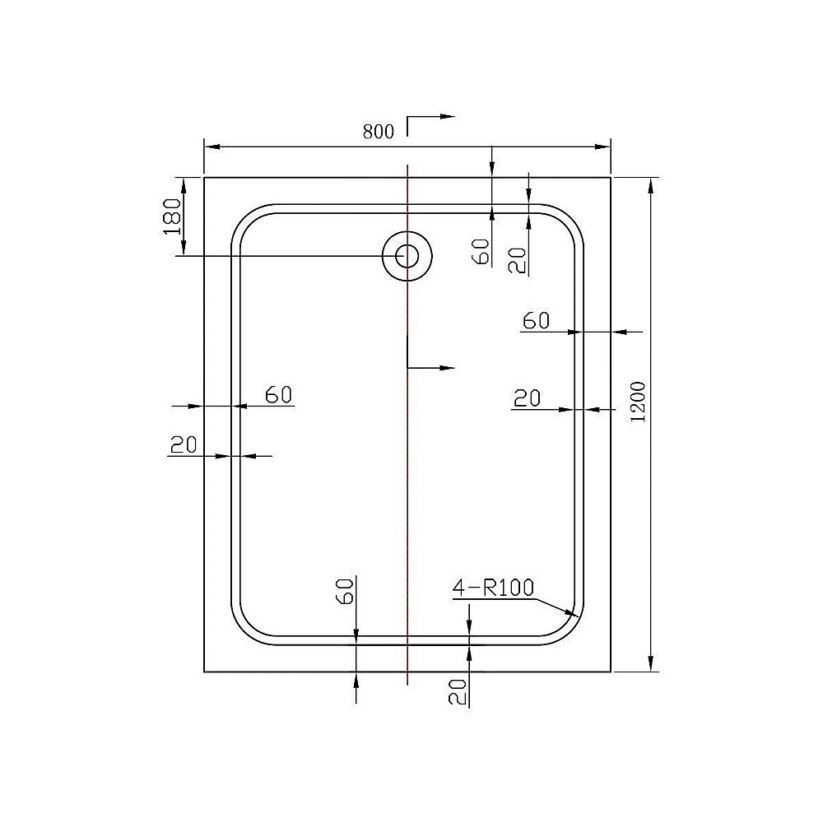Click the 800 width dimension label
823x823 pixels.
coord(379,131)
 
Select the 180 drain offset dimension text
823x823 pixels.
coord(172,216)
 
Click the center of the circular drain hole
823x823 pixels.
coord(407,256)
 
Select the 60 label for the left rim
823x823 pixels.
coord(279,395)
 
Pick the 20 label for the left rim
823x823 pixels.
coord(183,445)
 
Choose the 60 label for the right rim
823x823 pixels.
coord(536,321)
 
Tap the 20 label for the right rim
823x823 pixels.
coord(527,398)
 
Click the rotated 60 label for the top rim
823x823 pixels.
coord(482,251)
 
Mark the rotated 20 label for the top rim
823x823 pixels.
coord(516,261)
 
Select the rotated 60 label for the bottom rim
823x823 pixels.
coord(345,590)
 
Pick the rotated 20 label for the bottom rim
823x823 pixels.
coord(458,692)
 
